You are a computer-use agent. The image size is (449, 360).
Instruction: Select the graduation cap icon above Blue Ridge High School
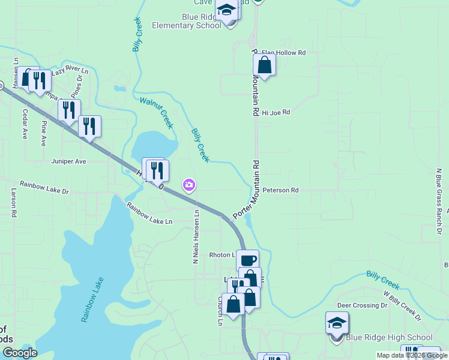(337, 323)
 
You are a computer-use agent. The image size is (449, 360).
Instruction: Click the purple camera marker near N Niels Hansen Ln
(190, 185)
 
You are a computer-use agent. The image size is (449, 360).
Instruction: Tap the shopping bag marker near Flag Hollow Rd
(264, 65)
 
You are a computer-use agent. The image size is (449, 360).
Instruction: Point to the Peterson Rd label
(280, 190)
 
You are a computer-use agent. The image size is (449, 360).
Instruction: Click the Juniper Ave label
(69, 161)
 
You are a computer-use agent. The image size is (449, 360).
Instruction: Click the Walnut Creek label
(156, 112)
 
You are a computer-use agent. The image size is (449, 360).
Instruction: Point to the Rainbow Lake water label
(93, 299)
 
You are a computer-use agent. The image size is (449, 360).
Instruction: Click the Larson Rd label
(14, 204)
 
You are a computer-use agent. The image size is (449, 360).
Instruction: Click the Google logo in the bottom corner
(20, 352)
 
